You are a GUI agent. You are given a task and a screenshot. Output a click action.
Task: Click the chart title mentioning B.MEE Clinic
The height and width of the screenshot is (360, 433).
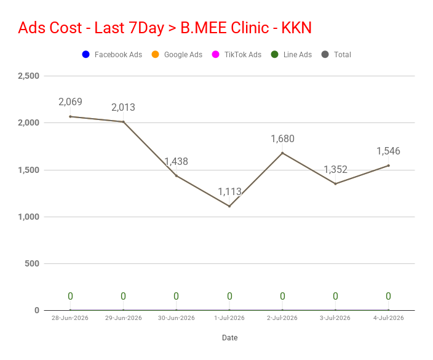tap(165, 28)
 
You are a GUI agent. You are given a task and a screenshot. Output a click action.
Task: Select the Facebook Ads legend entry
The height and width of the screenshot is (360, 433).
tap(112, 54)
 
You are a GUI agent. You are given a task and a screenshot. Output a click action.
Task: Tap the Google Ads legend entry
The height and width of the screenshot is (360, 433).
tap(177, 54)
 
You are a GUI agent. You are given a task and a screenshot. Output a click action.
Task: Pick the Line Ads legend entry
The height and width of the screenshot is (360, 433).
tap(292, 54)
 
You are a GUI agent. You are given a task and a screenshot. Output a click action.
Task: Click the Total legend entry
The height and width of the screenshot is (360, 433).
tap(336, 54)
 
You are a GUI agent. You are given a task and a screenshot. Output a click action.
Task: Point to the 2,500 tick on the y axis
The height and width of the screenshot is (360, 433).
tap(29, 76)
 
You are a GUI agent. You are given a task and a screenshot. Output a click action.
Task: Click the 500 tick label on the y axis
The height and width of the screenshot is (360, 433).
tap(32, 263)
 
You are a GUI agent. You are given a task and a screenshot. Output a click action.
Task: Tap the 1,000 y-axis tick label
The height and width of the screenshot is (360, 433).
tap(29, 217)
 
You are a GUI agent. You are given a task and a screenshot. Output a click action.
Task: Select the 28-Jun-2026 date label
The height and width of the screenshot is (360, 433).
tap(70, 318)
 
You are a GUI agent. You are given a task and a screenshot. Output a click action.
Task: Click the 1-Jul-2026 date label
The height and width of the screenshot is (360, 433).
tap(229, 318)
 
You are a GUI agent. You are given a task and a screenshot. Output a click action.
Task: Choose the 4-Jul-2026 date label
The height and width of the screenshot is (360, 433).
tap(389, 318)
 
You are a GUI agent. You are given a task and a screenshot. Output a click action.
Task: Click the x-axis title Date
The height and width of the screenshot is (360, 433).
tap(230, 338)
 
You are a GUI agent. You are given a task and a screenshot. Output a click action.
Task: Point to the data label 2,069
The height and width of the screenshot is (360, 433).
tap(70, 102)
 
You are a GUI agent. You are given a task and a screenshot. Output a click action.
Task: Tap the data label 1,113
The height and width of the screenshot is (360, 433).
tap(229, 191)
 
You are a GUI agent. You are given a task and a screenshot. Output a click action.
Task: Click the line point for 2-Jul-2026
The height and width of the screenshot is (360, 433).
tap(282, 153)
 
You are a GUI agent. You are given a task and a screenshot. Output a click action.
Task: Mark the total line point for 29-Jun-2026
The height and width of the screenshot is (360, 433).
tap(123, 122)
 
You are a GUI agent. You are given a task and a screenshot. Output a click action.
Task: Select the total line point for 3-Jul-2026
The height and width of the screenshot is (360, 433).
tap(336, 184)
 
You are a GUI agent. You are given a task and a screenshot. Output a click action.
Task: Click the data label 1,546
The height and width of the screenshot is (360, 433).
tap(388, 151)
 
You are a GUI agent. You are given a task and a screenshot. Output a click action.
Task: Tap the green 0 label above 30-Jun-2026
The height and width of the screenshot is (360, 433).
tap(176, 296)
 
